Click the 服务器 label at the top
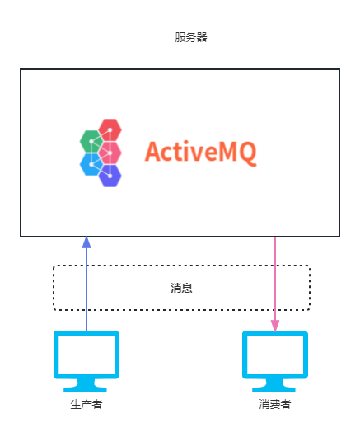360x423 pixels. coord(191,37)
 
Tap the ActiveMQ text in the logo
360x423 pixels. coord(201,153)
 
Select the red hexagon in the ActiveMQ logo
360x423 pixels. coord(110,129)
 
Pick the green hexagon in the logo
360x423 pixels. coord(91,141)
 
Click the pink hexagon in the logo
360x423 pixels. coord(110,153)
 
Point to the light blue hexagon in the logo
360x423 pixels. coord(91,164)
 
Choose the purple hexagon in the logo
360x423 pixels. coord(110,176)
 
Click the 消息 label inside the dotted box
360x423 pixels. coord(181,288)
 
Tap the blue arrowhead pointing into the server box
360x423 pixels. coord(86,242)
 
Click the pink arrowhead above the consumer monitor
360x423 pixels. coord(275,326)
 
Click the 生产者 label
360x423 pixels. coord(86,404)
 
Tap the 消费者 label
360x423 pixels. coord(275,404)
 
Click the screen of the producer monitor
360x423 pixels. coord(86,355)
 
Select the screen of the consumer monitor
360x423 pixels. coord(275,355)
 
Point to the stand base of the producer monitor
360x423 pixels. coord(85,388)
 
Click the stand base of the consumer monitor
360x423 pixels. coord(274,388)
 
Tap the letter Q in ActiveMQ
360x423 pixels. coord(247,154)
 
